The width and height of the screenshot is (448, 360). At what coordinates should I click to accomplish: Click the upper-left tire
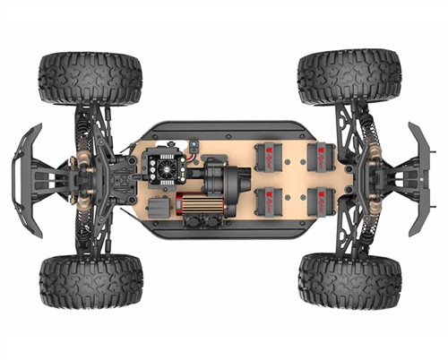[x=90, y=78]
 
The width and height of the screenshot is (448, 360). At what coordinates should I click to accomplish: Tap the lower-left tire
[x=90, y=281]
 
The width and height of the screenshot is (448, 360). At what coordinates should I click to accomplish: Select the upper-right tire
[x=349, y=76]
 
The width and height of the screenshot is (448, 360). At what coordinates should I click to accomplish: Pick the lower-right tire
[x=349, y=279]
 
